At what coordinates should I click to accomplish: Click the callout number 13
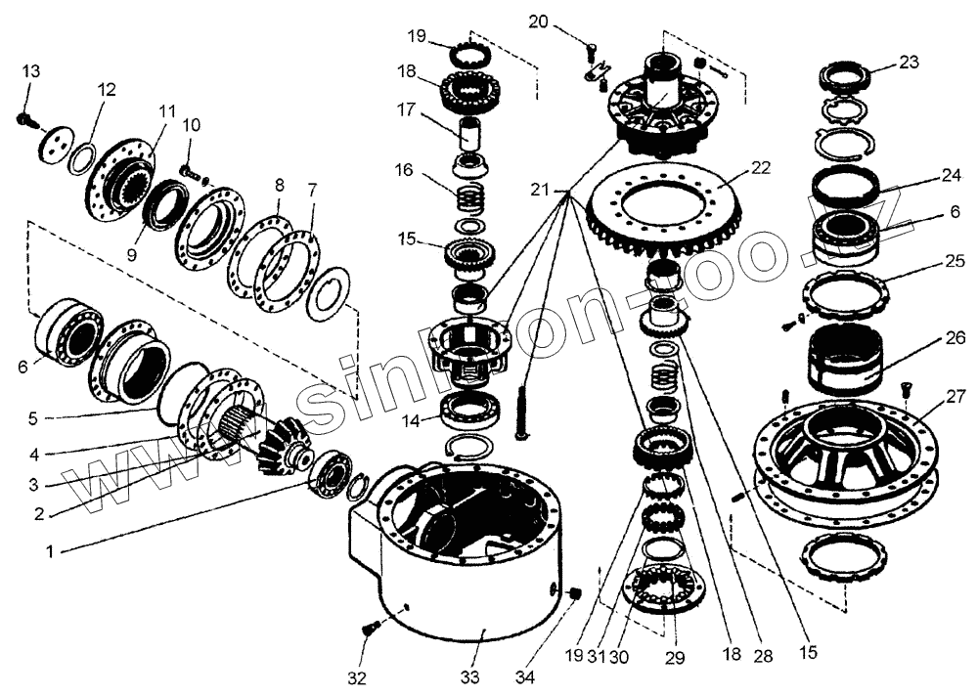pyautogui.click(x=32, y=71)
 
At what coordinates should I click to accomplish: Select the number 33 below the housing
pyautogui.click(x=470, y=677)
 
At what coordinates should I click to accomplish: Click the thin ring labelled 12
pyautogui.click(x=81, y=156)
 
